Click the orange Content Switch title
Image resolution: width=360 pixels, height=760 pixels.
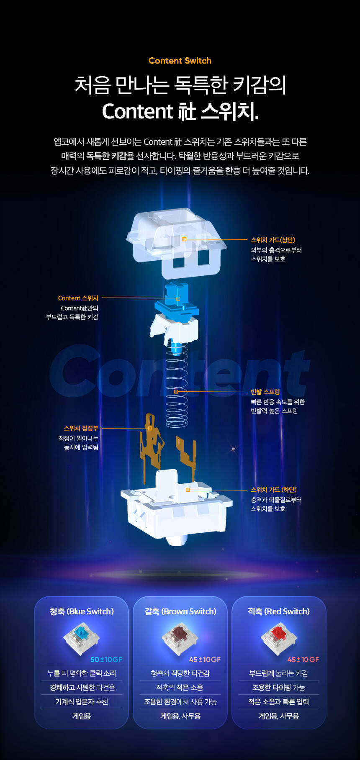pos(180,61)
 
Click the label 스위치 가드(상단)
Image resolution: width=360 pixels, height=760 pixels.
pos(273,240)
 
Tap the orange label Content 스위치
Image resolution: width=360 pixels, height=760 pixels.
pos(78,298)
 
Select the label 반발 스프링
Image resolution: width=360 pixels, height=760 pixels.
pos(265,392)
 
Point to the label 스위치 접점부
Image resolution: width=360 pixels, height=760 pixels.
pos(81,428)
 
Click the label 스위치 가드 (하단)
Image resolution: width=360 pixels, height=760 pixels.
pos(274,490)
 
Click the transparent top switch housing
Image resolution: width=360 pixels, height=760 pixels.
pos(177,243)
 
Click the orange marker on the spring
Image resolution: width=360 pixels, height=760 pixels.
pos(176,392)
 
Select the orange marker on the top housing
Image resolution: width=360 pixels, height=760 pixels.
pos(184,239)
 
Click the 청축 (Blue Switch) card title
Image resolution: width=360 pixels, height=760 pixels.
pos(82,611)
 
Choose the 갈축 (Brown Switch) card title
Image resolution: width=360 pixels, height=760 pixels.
pos(180,611)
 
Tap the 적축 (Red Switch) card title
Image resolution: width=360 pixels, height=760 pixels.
pos(279,611)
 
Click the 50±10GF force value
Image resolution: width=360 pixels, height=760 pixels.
pos(106,660)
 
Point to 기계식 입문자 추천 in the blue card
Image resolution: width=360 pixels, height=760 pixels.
pos(82,702)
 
